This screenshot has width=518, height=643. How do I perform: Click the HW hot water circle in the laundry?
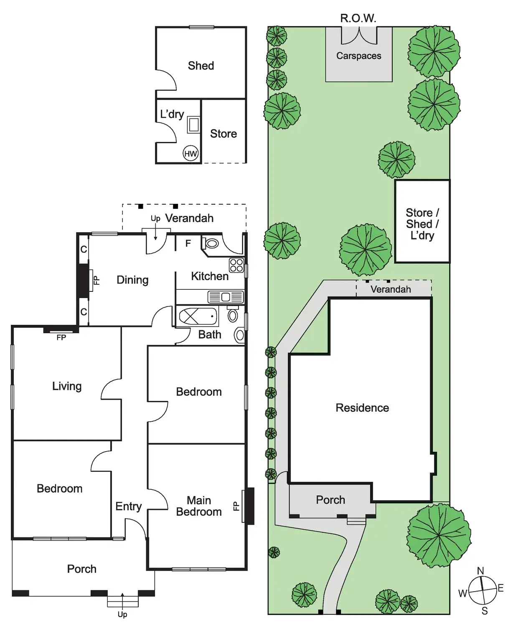190,154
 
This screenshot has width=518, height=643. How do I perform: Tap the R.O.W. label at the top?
358,18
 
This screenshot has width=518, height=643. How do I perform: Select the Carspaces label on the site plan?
359,56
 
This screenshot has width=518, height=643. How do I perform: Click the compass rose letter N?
480,571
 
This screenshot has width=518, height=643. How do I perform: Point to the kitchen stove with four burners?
236,265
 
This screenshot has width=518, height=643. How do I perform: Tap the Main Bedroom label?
199,506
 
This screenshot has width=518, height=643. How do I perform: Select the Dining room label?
132,280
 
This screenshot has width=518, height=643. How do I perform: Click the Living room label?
67,386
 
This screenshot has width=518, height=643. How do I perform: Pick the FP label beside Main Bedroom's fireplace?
236,506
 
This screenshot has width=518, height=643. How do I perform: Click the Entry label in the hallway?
129,506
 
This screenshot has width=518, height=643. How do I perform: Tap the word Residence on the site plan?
362,408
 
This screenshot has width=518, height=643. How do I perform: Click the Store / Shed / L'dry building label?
422,224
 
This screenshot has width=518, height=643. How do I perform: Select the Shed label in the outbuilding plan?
201,66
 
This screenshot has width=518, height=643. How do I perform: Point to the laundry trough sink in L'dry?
193,124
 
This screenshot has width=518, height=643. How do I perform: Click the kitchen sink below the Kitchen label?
226,297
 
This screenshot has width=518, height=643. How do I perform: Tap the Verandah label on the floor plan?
189,218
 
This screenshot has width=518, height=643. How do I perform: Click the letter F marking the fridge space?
188,243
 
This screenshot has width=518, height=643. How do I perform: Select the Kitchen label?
210,276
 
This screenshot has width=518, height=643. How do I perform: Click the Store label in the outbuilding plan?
223,134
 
